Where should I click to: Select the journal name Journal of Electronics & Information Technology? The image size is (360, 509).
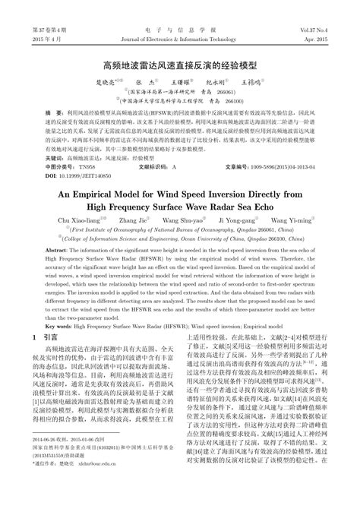click(179, 20)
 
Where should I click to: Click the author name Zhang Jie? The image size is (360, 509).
click(127, 220)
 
